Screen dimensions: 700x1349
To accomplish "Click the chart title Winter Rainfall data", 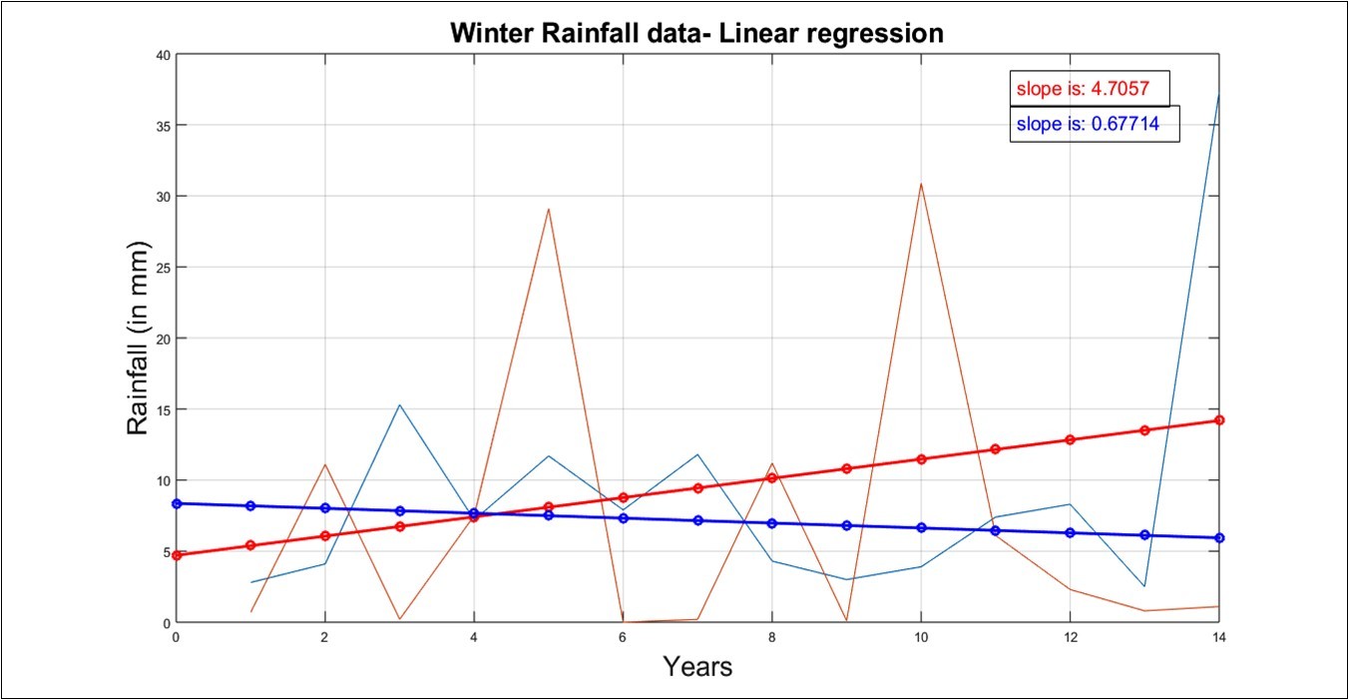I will (x=696, y=33).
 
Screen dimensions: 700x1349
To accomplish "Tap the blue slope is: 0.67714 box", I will (x=1094, y=125).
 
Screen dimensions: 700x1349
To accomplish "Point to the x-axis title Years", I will (x=697, y=666).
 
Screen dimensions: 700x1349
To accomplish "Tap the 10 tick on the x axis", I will (x=921, y=636).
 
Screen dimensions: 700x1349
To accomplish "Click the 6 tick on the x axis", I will (x=623, y=636).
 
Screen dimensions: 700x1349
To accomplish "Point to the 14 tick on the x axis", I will (x=1218, y=636).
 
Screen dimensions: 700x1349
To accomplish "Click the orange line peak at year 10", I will (x=921, y=184).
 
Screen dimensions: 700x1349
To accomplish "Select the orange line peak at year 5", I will (x=549, y=209).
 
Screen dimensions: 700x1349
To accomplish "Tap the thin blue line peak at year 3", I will (x=399, y=404).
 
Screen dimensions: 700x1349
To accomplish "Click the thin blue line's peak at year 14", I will (x=1218, y=95).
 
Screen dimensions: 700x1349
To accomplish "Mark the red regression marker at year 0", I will (x=177, y=555).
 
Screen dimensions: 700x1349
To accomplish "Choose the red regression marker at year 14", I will (x=1218, y=420).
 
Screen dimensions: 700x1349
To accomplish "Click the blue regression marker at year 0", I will (x=177, y=503).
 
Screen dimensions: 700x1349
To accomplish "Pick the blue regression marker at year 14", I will (x=1218, y=538).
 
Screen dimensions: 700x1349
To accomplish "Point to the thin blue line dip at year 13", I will (x=1144, y=586).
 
